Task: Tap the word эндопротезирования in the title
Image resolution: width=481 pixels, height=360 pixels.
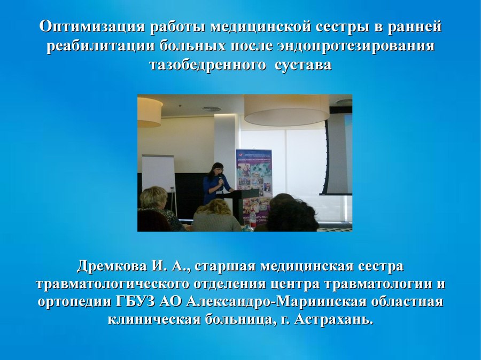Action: coord(356,46)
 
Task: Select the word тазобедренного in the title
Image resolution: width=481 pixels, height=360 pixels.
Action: coord(208,66)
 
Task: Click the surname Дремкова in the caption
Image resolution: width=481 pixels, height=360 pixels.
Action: coord(111,266)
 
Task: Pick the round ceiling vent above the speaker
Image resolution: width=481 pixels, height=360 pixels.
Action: coord(211,108)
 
